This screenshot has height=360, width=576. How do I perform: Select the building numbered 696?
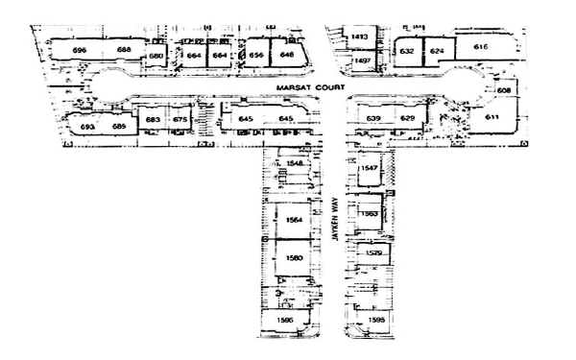pos(80,49)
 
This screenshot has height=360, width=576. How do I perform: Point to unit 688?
pos(124,49)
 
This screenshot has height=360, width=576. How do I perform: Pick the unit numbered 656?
pos(256,55)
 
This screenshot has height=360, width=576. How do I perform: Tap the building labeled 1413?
pos(360,36)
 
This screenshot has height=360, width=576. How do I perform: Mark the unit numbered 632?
pos(407,50)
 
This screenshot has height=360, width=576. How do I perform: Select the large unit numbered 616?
pos(481,46)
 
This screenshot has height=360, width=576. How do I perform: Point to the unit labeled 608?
pos(504,90)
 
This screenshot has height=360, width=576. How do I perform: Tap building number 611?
pos(492,117)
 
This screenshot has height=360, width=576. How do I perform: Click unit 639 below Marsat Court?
pos(373,118)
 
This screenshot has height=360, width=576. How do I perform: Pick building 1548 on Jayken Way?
pos(295,164)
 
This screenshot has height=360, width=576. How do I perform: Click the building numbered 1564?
pos(294,220)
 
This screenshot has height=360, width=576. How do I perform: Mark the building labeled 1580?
pos(294,258)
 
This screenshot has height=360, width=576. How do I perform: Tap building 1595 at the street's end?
pos(375,319)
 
